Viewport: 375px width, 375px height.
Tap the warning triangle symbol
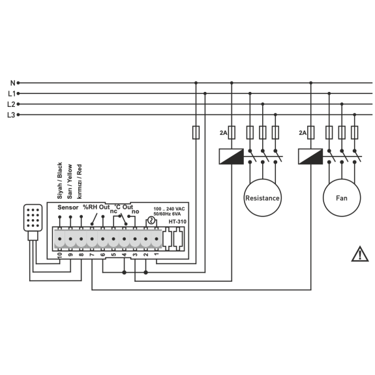click(x=360, y=254)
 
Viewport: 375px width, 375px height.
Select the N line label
click(x=12, y=83)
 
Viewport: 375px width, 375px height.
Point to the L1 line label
click(x=12, y=93)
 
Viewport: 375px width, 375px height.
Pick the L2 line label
click(x=11, y=104)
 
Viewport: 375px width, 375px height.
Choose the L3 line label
click(x=11, y=115)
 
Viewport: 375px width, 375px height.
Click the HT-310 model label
click(x=177, y=222)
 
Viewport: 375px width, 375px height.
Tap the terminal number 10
click(x=60, y=255)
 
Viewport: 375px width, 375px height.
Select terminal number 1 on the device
click(x=157, y=254)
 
